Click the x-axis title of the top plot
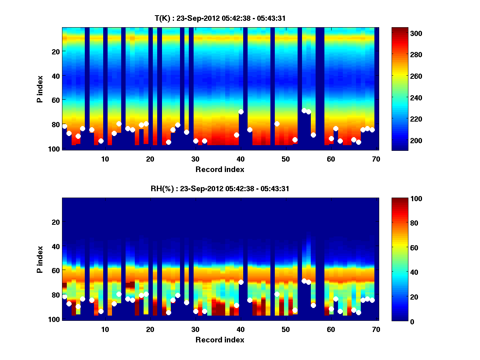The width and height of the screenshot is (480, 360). pyautogui.click(x=220, y=169)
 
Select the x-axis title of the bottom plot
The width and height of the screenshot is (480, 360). pyautogui.click(x=220, y=340)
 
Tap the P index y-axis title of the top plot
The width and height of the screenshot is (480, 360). pyautogui.click(x=40, y=89)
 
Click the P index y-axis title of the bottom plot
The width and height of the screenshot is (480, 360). pyautogui.click(x=40, y=259)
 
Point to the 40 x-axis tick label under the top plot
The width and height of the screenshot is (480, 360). pyautogui.click(x=240, y=159)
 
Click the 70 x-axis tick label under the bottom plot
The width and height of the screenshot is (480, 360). pyautogui.click(x=376, y=329)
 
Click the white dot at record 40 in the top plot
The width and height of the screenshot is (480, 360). pyautogui.click(x=241, y=112)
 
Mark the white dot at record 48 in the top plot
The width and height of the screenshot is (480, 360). pyautogui.click(x=277, y=124)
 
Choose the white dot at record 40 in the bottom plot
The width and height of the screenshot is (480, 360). pyautogui.click(x=241, y=282)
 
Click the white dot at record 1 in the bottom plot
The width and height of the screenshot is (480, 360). pyautogui.click(x=64, y=296)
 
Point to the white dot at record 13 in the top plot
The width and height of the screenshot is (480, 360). pyautogui.click(x=119, y=124)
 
